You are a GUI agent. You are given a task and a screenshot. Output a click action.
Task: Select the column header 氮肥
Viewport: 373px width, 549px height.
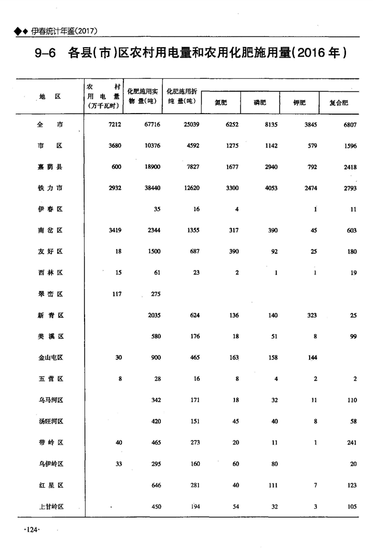[x=221, y=103]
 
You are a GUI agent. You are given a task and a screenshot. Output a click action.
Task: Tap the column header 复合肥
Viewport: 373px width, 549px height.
[x=339, y=103]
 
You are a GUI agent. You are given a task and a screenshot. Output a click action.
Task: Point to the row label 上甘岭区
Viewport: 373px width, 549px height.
[x=50, y=506]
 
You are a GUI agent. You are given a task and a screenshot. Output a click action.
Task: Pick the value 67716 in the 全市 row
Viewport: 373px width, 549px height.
[x=150, y=125]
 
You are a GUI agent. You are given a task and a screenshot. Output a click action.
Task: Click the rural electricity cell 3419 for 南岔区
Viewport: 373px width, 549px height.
[x=114, y=230]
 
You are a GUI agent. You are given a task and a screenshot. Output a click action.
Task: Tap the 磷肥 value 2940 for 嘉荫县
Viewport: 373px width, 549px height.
[x=269, y=167]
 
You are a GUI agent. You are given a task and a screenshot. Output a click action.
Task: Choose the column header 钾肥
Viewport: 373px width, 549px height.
[x=299, y=103]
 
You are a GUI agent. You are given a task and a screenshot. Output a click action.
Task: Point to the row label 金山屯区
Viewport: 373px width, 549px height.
[x=50, y=358]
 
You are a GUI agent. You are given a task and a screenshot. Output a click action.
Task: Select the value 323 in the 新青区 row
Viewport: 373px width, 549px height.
[x=311, y=315]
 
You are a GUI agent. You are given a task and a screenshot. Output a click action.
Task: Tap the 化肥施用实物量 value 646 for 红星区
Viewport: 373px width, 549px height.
[x=155, y=485]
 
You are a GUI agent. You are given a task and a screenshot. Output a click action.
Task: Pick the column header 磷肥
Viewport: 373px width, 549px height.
[x=260, y=103]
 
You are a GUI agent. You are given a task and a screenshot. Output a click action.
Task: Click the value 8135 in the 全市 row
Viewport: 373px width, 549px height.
[x=269, y=125]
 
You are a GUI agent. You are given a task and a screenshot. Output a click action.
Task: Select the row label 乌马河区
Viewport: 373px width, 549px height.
[x=50, y=400]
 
